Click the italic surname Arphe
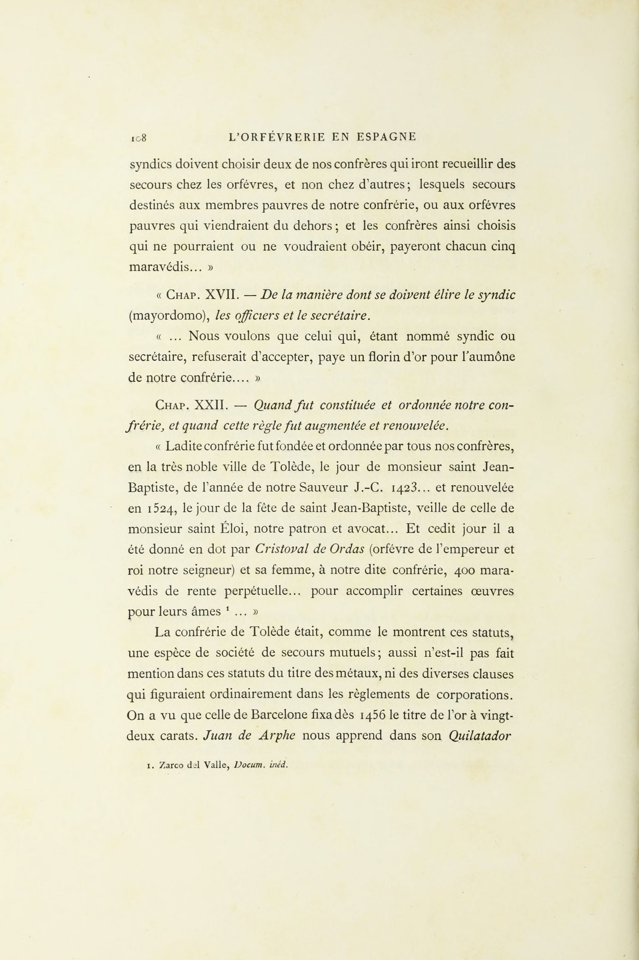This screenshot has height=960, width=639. point(277,737)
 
